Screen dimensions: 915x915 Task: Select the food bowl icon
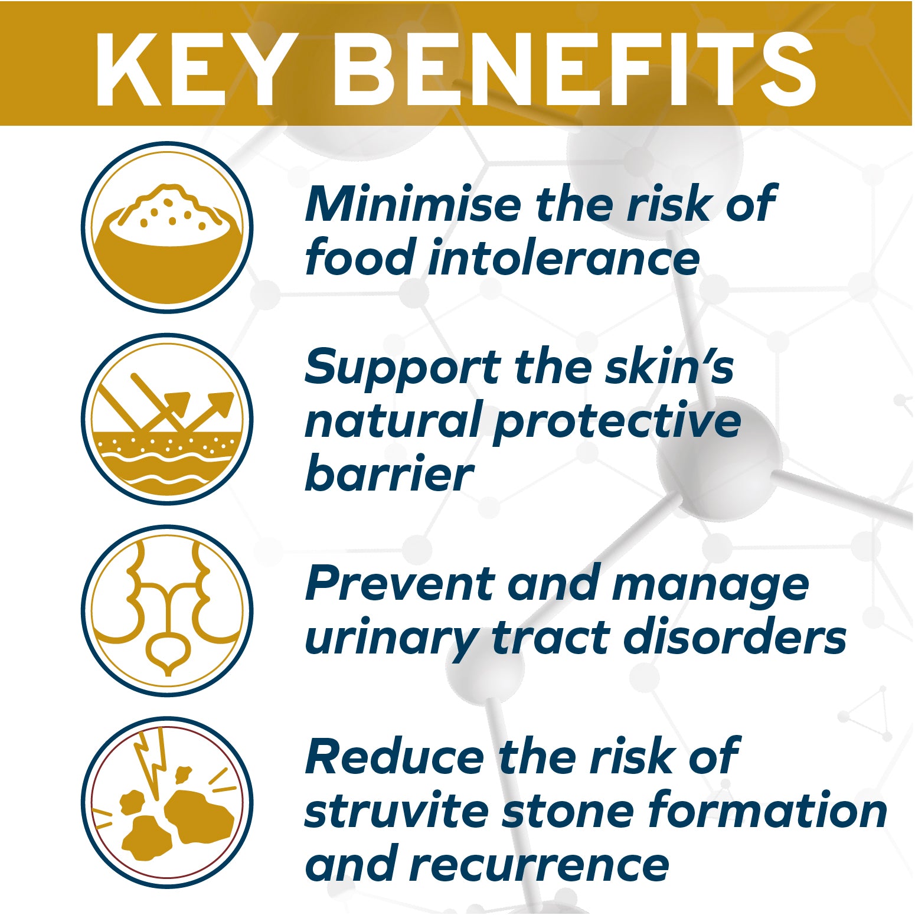(168, 227)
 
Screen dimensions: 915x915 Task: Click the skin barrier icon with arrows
(168, 419)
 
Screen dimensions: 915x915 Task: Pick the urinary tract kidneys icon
(168, 610)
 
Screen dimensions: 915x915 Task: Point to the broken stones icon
(168, 802)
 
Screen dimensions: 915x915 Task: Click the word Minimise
(413, 204)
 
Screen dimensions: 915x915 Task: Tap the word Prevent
(399, 583)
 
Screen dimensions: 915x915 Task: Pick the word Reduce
(394, 757)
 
